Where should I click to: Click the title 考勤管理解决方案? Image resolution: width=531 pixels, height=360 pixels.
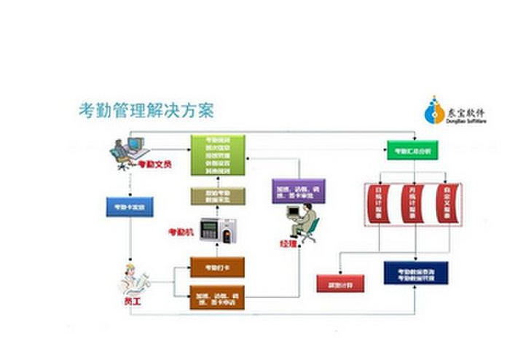146,111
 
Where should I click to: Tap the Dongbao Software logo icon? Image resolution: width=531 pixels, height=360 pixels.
436,110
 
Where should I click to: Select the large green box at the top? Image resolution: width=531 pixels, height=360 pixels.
217,154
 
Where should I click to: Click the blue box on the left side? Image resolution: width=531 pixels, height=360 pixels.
130,207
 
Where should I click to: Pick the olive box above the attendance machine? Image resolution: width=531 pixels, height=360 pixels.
217,196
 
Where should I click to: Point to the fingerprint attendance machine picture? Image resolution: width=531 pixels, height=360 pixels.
219,232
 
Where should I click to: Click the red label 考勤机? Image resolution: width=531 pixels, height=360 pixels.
181,232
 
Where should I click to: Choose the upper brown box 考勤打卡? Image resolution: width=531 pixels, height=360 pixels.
216,267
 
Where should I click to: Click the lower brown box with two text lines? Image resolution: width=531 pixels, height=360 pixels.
216,297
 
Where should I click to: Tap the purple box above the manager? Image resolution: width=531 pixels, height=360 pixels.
297,191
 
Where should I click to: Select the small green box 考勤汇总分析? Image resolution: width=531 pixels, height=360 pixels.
413,151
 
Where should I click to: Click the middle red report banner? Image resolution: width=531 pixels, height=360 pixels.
412,205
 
